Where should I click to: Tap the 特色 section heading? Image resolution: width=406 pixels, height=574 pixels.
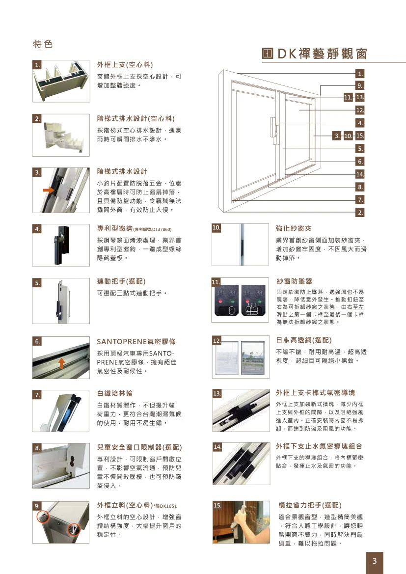pyautogui.click(x=43, y=44)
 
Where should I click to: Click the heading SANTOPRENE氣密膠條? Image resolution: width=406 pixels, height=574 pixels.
pyautogui.click(x=136, y=341)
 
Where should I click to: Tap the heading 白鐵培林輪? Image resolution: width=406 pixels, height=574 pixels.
pyautogui.click(x=115, y=394)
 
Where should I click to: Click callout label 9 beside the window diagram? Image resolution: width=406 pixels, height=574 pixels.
pyautogui.click(x=360, y=86)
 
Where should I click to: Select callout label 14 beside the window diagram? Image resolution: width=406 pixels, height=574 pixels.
pyautogui.click(x=360, y=174)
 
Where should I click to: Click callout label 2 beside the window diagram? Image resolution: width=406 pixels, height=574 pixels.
pyautogui.click(x=360, y=213)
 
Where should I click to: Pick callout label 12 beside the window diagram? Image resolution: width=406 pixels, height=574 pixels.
pyautogui.click(x=360, y=110)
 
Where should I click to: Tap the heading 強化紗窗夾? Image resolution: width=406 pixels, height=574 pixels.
pyautogui.click(x=294, y=228)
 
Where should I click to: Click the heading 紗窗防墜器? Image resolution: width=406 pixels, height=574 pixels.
pyautogui.click(x=294, y=281)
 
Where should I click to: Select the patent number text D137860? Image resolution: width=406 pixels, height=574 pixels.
pyautogui.click(x=159, y=229)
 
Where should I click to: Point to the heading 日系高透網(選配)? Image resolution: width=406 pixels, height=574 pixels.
pyautogui.click(x=304, y=340)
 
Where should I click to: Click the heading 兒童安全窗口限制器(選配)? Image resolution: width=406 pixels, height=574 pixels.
pyautogui.click(x=139, y=447)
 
